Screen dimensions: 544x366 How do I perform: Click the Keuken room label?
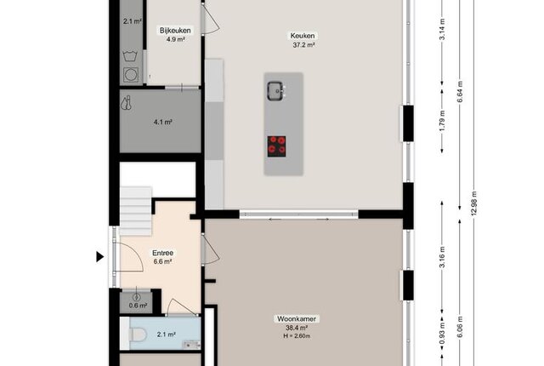coord(303,36)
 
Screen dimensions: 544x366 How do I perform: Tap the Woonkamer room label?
coord(297,319)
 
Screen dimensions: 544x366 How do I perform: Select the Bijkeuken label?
coord(175,31)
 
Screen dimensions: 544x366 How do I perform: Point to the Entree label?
coord(162,253)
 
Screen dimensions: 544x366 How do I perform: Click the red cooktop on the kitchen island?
coord(276,146)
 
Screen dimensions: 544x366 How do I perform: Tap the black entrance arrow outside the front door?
coord(100,257)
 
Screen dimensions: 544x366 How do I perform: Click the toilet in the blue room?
coord(138,335)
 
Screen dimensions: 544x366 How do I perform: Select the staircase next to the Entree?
coord(136,211)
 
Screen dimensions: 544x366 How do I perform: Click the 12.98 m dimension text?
coord(474,203)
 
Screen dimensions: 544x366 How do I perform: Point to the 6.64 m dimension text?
coord(460,92)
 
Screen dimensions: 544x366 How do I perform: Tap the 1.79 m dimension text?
coord(442,121)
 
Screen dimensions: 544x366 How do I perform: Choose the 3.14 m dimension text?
coord(442,30)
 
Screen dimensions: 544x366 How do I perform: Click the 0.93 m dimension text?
coord(442,335)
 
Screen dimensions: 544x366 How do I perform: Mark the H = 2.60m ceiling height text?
coord(297,336)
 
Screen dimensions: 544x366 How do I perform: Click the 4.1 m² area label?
coord(163,122)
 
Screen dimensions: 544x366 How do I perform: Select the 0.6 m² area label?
coord(138,306)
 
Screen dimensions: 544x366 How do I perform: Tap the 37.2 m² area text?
coord(304,45)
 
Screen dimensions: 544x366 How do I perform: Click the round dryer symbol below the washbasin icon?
coord(131,75)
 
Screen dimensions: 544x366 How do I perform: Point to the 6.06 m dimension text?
coord(460,327)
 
